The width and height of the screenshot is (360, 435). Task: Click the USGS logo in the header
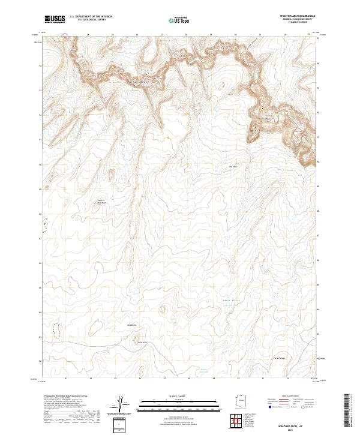pyautogui.click(x=55, y=19)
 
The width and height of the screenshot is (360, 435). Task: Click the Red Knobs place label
pyautogui.click(x=133, y=325)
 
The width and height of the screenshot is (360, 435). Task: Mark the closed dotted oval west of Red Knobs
pyautogui.click(x=57, y=329)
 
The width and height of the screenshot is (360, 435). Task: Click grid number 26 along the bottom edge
pyautogui.click(x=140, y=379)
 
